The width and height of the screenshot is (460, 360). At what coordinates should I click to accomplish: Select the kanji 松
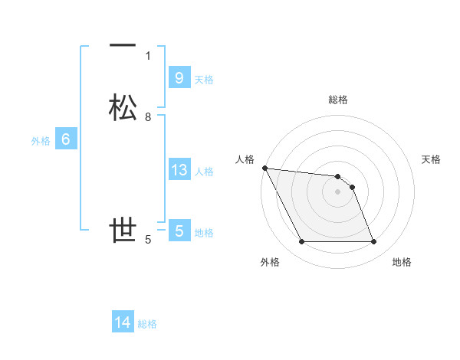(123, 108)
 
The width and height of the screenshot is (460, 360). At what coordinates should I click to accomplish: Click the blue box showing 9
(179, 77)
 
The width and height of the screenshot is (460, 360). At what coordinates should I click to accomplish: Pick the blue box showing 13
(179, 170)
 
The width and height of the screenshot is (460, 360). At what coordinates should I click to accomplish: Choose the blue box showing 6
(65, 139)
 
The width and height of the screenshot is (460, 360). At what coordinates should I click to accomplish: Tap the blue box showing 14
(123, 322)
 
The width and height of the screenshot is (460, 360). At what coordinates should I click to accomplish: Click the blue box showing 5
(179, 231)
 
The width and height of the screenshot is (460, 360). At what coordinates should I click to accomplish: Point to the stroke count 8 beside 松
(148, 117)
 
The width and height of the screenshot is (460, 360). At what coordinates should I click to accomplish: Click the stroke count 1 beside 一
(148, 55)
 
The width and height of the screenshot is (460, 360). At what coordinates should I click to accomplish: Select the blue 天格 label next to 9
(204, 79)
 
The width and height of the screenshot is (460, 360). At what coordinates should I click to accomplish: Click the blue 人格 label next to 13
(204, 172)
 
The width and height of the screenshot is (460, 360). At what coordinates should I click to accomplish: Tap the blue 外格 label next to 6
(41, 141)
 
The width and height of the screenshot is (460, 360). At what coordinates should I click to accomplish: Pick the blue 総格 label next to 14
(147, 324)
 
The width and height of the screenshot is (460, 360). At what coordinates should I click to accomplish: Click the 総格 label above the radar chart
(338, 100)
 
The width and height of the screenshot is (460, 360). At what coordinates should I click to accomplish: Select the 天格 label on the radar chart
(432, 159)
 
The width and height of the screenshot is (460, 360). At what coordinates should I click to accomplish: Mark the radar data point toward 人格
(264, 168)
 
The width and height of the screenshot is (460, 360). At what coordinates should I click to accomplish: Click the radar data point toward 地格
(373, 242)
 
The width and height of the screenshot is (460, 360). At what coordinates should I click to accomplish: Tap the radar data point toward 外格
(301, 242)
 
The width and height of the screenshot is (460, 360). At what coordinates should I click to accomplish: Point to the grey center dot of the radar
(338, 191)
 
